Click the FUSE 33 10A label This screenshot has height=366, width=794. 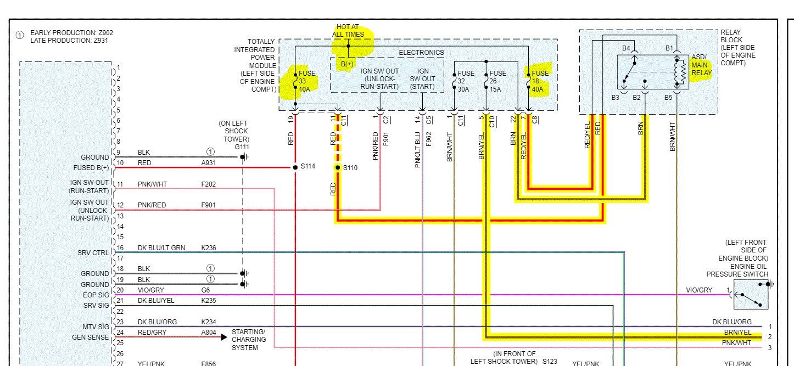tap(306, 81)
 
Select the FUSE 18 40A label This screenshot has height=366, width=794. tap(540, 81)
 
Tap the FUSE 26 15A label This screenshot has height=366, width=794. tap(497, 81)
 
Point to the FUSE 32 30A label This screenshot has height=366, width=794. tap(466, 81)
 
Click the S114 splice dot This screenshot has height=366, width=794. tap(295, 166)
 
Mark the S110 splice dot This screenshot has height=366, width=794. tap(338, 167)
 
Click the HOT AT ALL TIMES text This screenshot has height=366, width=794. tap(348, 30)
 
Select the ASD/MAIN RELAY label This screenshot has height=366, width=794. tap(701, 65)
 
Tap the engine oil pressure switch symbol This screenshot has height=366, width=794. tap(751, 295)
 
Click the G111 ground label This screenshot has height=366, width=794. tap(242, 147)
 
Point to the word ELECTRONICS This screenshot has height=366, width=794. tap(421, 53)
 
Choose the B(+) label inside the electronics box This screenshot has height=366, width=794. tap(347, 65)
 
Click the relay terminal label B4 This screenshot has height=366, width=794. tap(626, 48)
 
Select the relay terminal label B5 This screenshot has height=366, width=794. tap(668, 98)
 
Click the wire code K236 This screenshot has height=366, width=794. tap(209, 248)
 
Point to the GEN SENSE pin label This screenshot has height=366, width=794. tap(91, 337)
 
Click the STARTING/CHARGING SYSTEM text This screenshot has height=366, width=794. tap(248, 340)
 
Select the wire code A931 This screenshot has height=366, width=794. tap(209, 163)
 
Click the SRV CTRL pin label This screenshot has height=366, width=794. tap(93, 253)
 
